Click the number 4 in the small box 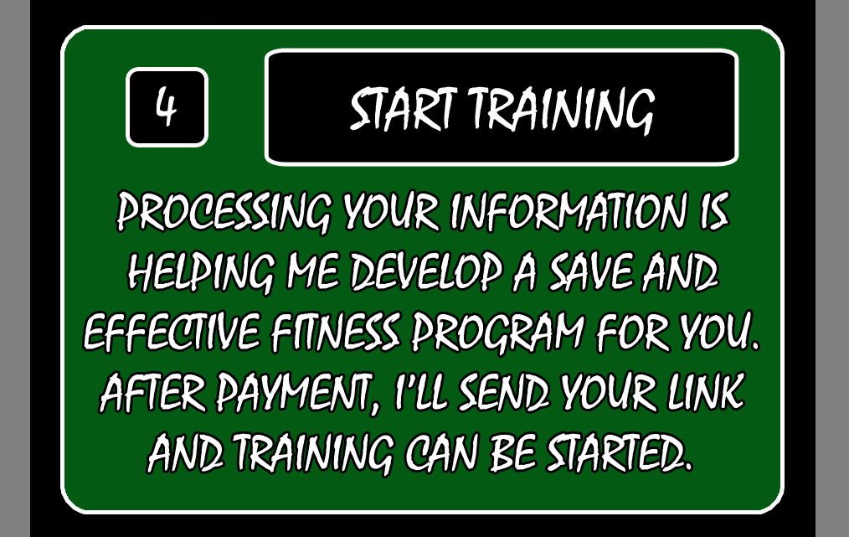[167, 106]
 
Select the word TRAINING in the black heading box [562, 110]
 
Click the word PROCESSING [224, 212]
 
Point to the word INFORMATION [568, 211]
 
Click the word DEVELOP [426, 272]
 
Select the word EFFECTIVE [172, 332]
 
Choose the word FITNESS [336, 332]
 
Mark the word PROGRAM [498, 332]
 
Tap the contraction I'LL [419, 391]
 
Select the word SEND [503, 392]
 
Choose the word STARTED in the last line [619, 452]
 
